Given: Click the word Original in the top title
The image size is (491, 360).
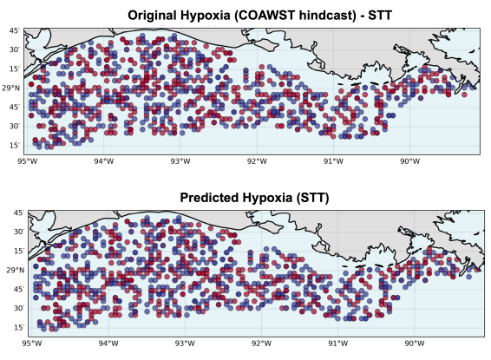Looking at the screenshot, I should (155, 15).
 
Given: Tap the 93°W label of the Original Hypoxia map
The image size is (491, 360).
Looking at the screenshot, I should (180, 160).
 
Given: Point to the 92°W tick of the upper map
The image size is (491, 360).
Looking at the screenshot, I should (257, 160).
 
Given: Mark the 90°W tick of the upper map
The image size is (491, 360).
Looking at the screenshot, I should (410, 160).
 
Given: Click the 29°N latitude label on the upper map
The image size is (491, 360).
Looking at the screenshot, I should (12, 88).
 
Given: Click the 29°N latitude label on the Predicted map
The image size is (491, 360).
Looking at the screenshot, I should (12, 270).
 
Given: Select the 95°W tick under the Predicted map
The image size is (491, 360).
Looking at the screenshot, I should (30, 343).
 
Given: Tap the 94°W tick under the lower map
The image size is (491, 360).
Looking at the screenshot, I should (108, 343).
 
